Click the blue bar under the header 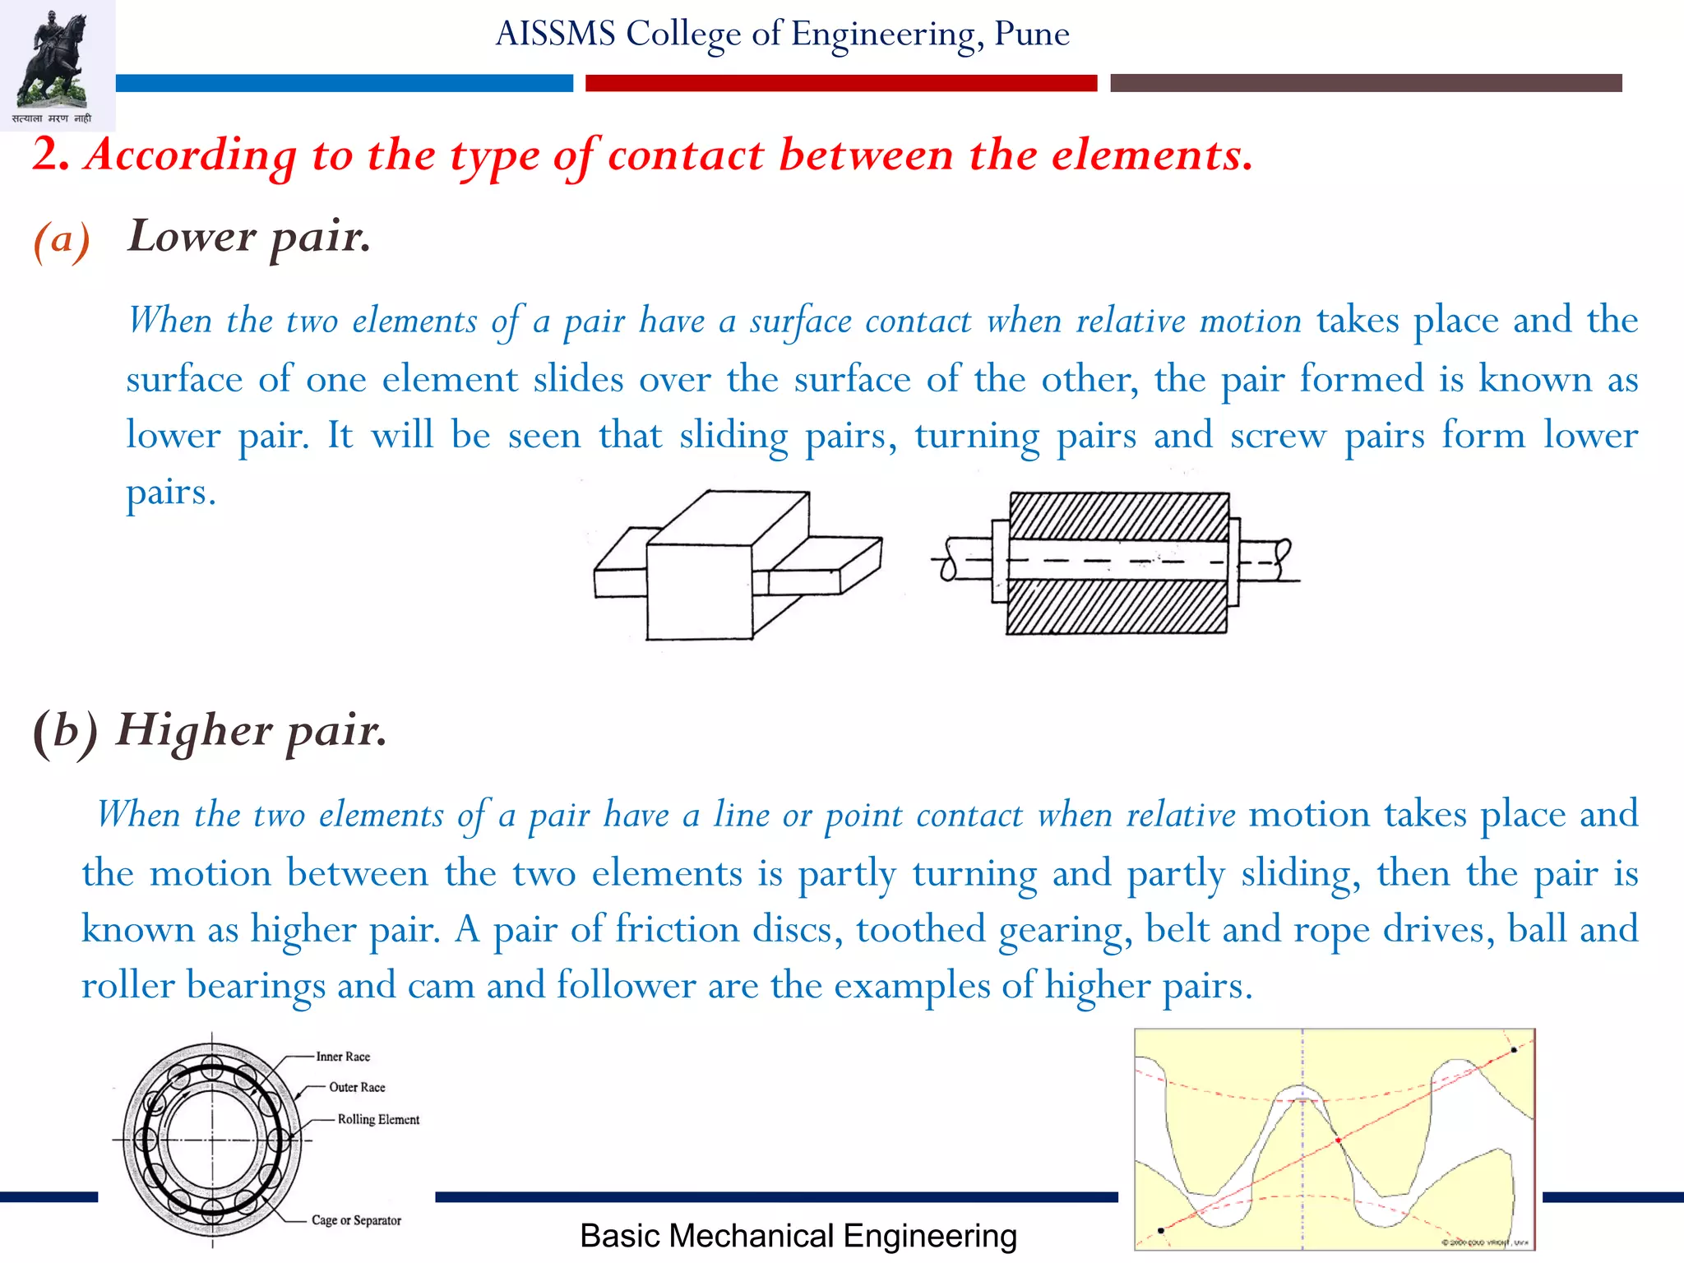(344, 83)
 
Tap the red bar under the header (840, 83)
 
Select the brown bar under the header (1365, 83)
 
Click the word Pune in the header (1032, 34)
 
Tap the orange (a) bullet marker (62, 240)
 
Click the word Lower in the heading (192, 237)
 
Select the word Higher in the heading (194, 730)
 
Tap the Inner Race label (343, 1057)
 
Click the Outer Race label (357, 1087)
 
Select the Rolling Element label (378, 1119)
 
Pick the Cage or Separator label (356, 1220)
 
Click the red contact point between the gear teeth (1339, 1140)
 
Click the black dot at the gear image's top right (1514, 1050)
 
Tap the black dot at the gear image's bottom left (1160, 1231)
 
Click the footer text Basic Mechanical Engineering (798, 1236)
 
